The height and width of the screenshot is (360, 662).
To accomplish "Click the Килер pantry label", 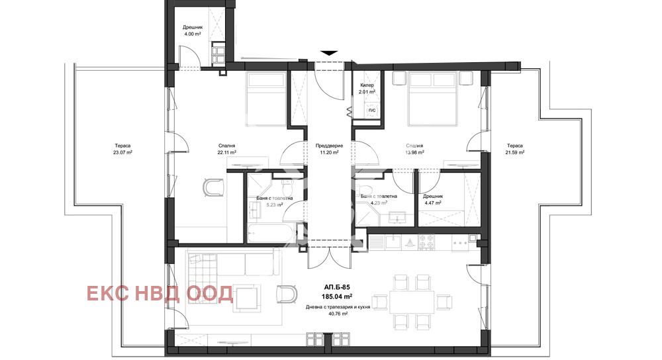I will (x=367, y=85).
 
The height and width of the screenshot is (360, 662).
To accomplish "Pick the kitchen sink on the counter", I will (x=393, y=243).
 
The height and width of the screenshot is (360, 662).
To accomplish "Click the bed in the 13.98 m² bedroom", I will (x=433, y=100).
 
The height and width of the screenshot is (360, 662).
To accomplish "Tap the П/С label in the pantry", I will (x=371, y=110).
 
